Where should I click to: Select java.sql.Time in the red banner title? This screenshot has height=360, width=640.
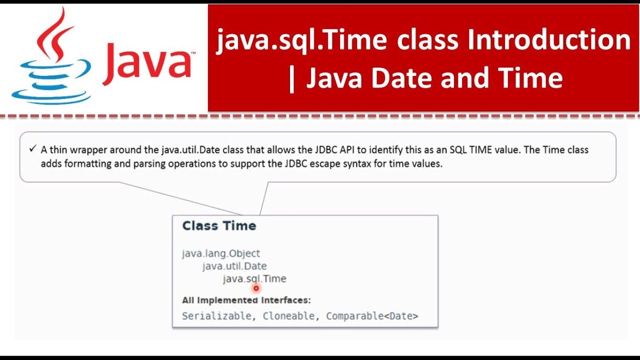(301, 40)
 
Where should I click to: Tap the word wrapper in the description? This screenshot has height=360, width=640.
(81, 149)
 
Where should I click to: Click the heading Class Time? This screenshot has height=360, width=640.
(219, 226)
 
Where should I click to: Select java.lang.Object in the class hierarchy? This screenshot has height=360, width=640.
(221, 253)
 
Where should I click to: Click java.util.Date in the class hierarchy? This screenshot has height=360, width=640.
(234, 266)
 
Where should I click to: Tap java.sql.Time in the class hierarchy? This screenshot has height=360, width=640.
(254, 278)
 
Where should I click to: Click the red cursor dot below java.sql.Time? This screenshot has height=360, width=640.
(256, 288)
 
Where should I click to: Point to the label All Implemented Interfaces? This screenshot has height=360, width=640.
(246, 300)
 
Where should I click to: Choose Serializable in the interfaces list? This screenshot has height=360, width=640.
(216, 316)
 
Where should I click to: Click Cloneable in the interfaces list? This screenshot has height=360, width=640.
(288, 316)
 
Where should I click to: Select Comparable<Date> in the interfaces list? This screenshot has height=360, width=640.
(372, 316)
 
